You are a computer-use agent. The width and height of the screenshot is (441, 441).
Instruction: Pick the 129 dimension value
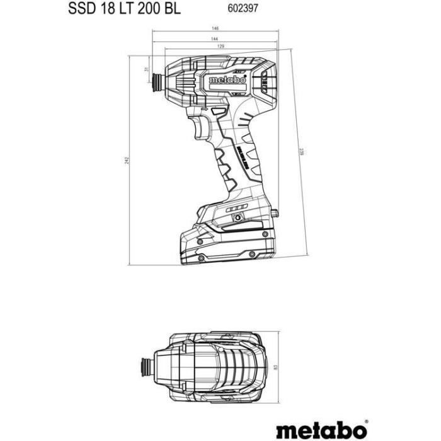(x=220, y=48)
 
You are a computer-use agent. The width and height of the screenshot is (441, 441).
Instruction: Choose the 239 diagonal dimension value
(x=302, y=151)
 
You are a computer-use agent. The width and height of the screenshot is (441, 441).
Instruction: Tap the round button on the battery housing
(x=238, y=217)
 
